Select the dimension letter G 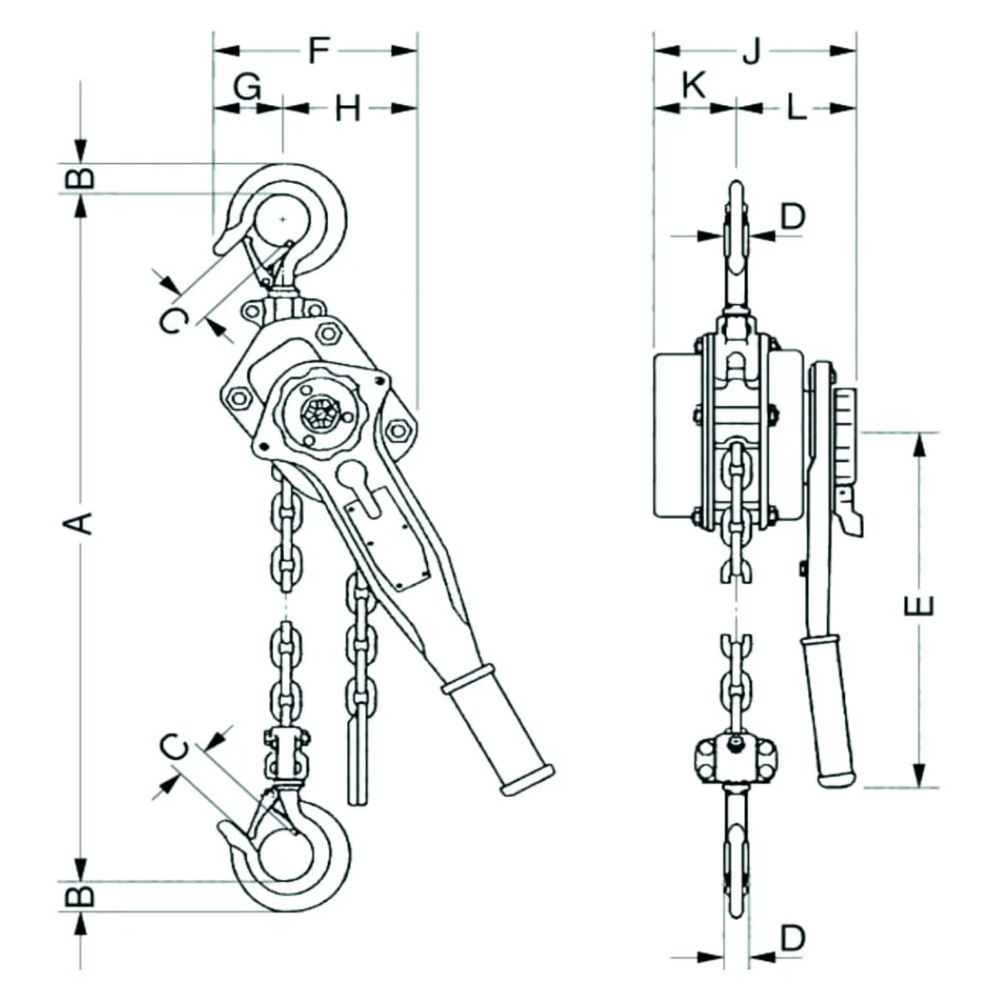(x=247, y=87)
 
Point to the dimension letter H (x=348, y=109)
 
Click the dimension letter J (x=751, y=51)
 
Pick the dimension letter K (x=692, y=86)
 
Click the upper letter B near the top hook (x=82, y=176)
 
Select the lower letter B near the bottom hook (x=82, y=895)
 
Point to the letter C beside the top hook (x=177, y=320)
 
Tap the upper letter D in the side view (x=792, y=215)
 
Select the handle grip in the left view (x=497, y=732)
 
